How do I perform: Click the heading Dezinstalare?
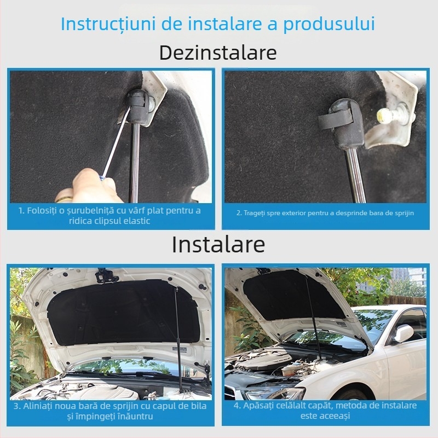pos(218,53)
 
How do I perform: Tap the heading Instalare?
pos(218,244)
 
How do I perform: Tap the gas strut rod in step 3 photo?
pos(176,323)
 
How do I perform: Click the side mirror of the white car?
pos(404,333)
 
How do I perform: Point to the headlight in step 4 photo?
pos(274,393)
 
